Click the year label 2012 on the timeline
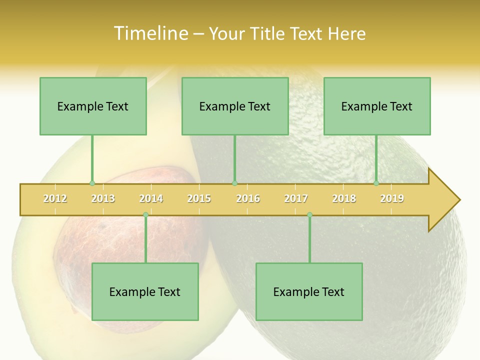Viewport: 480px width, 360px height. (x=55, y=198)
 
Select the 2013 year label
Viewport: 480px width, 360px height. (x=103, y=198)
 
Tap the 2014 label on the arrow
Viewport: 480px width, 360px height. (x=151, y=198)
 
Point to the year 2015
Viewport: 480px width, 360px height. (x=199, y=198)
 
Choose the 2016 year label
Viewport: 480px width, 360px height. (x=248, y=198)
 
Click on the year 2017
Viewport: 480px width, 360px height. (x=296, y=198)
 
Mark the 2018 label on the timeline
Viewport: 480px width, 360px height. (x=344, y=198)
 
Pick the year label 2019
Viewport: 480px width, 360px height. (x=392, y=198)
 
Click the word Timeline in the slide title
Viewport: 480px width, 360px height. (x=150, y=33)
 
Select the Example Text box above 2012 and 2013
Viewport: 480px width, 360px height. (x=93, y=106)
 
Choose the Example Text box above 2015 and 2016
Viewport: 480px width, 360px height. (x=235, y=106)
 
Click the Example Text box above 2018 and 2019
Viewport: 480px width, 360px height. (x=377, y=106)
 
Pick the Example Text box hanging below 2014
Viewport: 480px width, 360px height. (x=145, y=291)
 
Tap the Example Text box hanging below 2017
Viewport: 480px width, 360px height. (x=309, y=291)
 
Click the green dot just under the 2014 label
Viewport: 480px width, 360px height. (x=145, y=214)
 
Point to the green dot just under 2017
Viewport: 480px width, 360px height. (x=309, y=214)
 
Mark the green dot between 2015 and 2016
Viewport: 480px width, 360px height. (x=234, y=183)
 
